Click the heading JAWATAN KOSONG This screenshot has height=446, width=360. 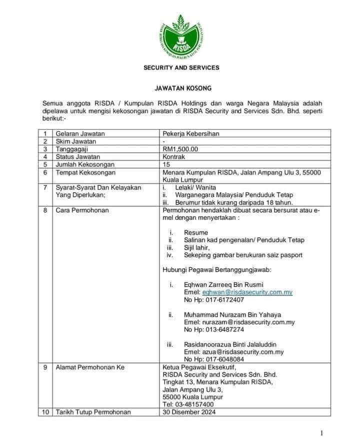pyautogui.click(x=181, y=89)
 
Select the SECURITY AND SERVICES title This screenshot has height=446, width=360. pyautogui.click(x=181, y=68)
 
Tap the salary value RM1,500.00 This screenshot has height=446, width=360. pyautogui.click(x=180, y=149)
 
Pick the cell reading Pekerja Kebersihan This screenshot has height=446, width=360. pyautogui.click(x=191, y=134)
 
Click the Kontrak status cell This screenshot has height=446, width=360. pyautogui.click(x=174, y=157)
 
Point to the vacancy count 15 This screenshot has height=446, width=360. pyautogui.click(x=166, y=164)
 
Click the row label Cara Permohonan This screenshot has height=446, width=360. pyautogui.click(x=82, y=211)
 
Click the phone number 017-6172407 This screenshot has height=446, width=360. pyautogui.click(x=214, y=300)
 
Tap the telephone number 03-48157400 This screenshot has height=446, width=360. pyautogui.click(x=188, y=404)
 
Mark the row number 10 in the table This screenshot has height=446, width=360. pyautogui.click(x=45, y=412)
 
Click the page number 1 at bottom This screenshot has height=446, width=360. pyautogui.click(x=322, y=432)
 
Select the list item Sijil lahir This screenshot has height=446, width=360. pyautogui.click(x=197, y=248)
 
